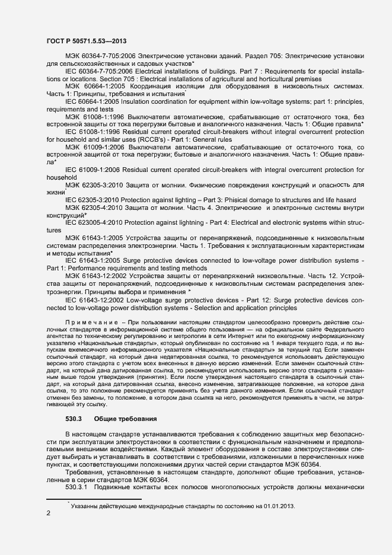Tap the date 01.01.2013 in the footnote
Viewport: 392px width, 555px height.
click(276, 490)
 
